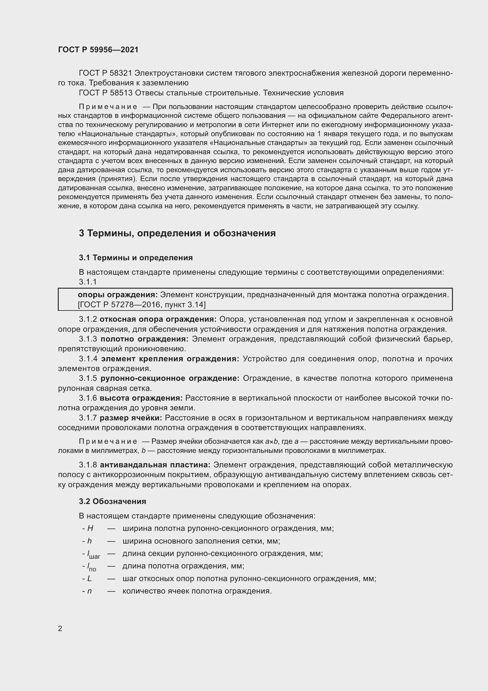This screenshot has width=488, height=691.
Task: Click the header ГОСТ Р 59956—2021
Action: click(98, 50)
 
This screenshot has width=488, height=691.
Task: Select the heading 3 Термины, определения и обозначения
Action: click(177, 233)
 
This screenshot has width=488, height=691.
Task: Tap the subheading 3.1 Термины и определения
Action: click(135, 258)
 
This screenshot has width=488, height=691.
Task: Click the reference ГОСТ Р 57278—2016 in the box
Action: click(119, 305)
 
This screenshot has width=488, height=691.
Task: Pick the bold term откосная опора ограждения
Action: click(158, 319)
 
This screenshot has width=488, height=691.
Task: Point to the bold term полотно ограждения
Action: click(145, 339)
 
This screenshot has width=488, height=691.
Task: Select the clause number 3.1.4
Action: click(88, 359)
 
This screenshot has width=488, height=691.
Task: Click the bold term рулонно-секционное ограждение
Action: click(170, 378)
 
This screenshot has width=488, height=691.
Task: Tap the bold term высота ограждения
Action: click(141, 398)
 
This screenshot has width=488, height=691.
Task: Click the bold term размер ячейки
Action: click(131, 418)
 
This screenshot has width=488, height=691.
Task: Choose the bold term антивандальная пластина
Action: click(155, 465)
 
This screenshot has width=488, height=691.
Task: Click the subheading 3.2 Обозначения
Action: click(112, 501)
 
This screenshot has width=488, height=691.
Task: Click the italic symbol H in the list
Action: click(90, 528)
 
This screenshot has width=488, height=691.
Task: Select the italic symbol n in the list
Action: click(89, 591)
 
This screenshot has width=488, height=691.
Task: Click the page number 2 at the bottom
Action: click(60, 628)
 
